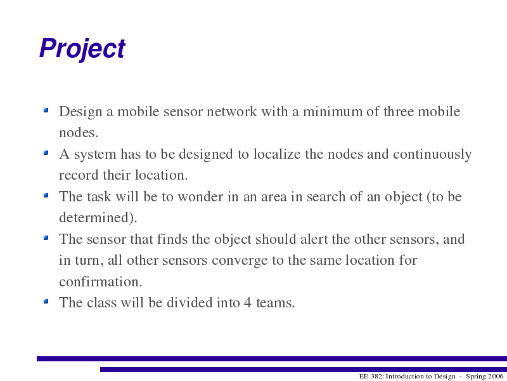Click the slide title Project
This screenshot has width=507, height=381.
(x=82, y=50)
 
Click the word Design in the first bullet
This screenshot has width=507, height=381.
(x=80, y=112)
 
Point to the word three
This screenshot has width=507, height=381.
(x=399, y=112)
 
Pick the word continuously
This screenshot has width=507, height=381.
(x=432, y=154)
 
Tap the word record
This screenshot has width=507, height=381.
(x=79, y=175)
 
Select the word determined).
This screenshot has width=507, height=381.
(x=98, y=217)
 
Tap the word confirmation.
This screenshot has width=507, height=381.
(x=101, y=281)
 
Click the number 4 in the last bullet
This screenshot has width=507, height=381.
(x=247, y=303)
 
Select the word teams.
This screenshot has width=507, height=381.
(x=276, y=303)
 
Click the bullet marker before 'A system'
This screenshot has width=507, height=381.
(x=46, y=152)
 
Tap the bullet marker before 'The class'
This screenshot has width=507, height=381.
(x=46, y=301)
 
